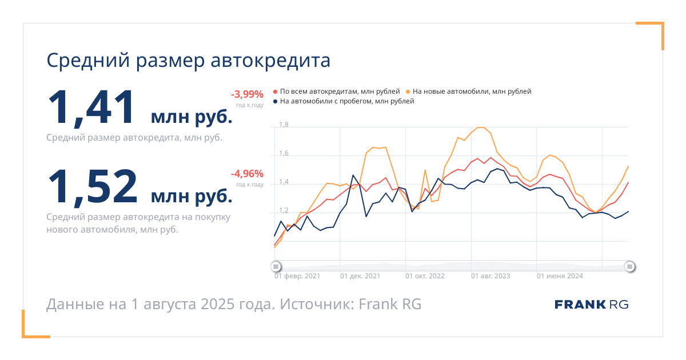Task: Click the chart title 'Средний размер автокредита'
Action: tap(188, 61)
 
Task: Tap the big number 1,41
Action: tap(91, 107)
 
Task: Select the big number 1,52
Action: tap(93, 187)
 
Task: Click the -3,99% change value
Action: tap(247, 94)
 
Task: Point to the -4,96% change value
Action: tap(247, 174)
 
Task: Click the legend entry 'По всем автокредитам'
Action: tap(337, 91)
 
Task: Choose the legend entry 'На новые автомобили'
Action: tap(469, 91)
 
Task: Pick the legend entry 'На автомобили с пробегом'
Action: tap(344, 101)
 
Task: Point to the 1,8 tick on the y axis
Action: tap(284, 125)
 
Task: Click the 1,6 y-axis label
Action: tap(284, 153)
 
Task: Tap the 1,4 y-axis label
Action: tap(284, 182)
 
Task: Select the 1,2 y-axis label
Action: tap(284, 211)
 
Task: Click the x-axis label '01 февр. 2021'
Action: tap(297, 276)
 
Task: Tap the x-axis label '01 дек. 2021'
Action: tap(360, 276)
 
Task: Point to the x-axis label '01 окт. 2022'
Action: tap(425, 276)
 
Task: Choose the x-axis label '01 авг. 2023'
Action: tap(490, 276)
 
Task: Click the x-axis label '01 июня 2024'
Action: tap(560, 276)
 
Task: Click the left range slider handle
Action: tap(276, 267)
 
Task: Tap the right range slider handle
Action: tap(629, 267)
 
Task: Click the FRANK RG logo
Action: tap(592, 305)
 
